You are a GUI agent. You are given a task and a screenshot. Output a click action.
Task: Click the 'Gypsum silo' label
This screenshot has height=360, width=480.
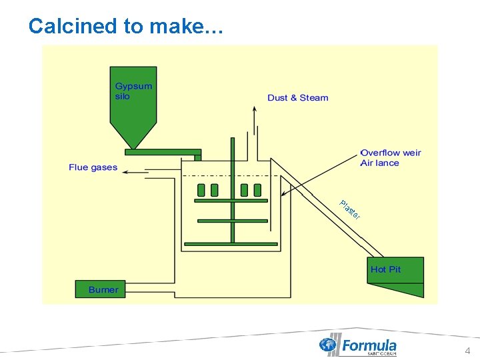point(133,91)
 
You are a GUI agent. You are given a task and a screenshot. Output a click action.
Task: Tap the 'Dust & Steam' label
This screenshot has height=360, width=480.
point(298,98)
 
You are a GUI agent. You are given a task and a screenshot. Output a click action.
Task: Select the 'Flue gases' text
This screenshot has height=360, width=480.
point(93,167)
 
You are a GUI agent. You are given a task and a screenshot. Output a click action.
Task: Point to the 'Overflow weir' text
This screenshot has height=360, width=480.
point(391,153)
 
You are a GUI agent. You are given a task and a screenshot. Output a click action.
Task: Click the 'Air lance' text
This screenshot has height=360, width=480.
point(379,163)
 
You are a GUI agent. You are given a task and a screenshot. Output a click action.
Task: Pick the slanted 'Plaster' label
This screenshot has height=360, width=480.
point(350,209)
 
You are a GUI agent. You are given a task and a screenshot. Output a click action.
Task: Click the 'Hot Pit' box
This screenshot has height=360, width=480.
point(386,269)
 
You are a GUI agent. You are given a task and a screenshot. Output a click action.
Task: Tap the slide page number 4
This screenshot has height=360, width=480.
point(467,351)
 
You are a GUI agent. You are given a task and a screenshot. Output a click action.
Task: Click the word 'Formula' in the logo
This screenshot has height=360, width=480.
point(369,345)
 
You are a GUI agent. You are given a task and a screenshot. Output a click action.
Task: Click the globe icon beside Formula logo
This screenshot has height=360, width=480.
point(328,345)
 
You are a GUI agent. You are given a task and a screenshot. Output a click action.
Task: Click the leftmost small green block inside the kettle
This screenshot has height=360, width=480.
point(201,190)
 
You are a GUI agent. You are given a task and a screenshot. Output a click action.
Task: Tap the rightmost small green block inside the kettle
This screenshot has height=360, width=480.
point(257,190)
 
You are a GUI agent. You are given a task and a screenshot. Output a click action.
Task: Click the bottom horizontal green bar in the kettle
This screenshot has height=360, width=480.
point(231,244)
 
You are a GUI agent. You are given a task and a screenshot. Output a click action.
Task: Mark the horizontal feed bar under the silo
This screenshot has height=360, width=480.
point(163,152)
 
